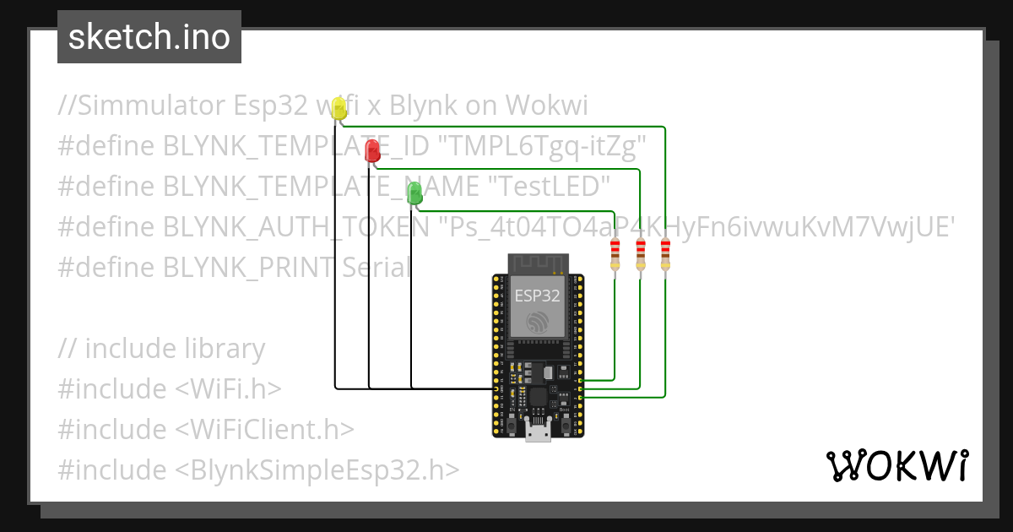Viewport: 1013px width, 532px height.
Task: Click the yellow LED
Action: coord(339,108)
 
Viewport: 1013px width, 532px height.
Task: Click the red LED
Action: coord(372,151)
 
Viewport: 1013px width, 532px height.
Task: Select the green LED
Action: coord(414,193)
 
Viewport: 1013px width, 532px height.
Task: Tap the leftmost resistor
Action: coord(615,255)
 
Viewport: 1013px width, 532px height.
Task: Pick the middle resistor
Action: coord(641,255)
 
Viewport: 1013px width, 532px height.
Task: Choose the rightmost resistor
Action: coord(665,255)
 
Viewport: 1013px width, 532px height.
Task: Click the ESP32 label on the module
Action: coord(536,296)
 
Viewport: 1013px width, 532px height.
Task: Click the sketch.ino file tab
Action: coord(149,37)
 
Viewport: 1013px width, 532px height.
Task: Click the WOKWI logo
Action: coord(897,465)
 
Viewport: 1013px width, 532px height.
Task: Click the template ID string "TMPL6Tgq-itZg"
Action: coord(541,146)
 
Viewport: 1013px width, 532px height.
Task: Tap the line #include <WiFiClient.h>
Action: coord(206,429)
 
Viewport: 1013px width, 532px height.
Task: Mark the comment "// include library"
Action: coord(162,348)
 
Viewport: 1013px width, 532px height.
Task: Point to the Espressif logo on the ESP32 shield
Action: coord(536,322)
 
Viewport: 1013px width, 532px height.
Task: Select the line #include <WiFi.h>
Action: coord(170,388)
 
